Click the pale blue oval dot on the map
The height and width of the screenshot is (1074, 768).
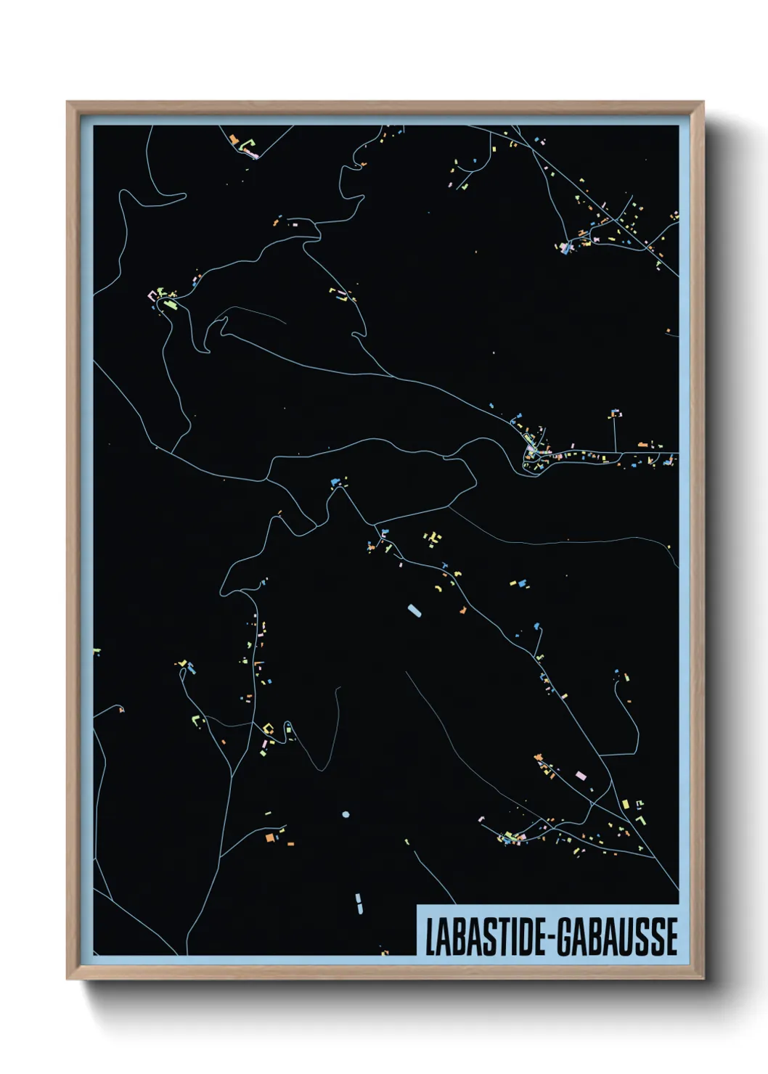346,814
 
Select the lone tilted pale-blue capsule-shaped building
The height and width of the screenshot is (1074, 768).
414,610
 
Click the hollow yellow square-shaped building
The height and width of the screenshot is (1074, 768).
267,728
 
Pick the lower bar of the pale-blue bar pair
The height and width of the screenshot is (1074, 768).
359,909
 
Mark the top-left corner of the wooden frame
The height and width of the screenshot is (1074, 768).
68,102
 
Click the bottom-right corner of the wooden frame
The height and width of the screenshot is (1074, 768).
703,978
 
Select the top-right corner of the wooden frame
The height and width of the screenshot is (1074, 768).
703,102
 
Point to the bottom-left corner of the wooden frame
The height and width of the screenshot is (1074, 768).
68,978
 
